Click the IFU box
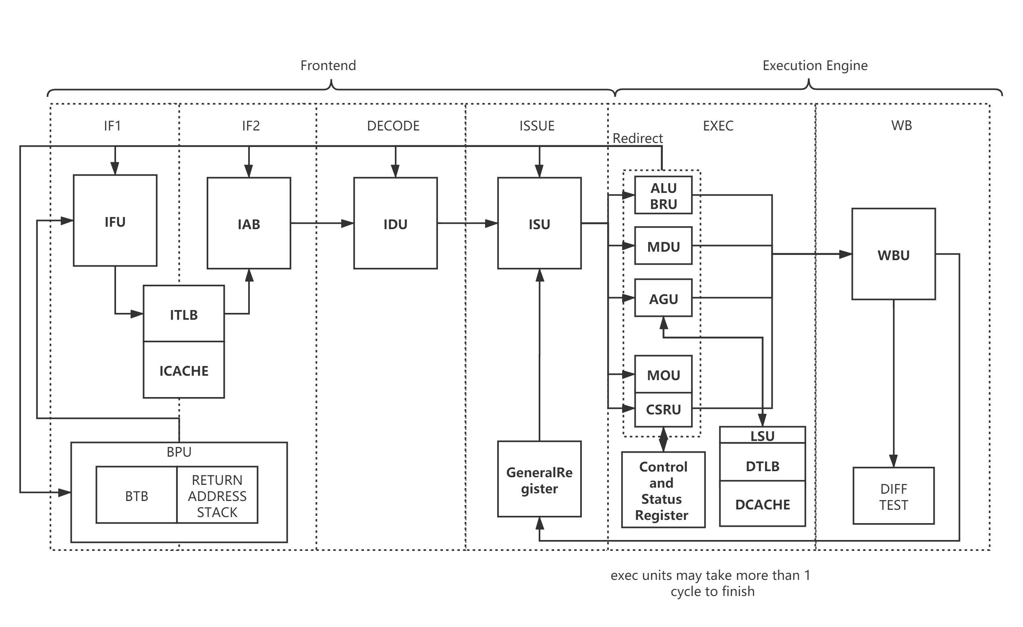[115, 220]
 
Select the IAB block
[249, 223]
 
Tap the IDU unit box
[395, 223]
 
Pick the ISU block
[540, 223]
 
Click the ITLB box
[184, 314]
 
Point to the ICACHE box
[184, 370]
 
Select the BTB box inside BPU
[137, 495]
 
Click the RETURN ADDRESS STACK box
[217, 495]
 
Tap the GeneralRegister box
[540, 479]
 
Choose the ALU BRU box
[664, 195]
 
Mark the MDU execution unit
[664, 246]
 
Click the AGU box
[664, 298]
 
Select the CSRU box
[664, 410]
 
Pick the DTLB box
[762, 466]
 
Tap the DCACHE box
[762, 504]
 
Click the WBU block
[894, 254]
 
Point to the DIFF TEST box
[894, 496]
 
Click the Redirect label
[638, 138]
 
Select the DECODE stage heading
[393, 126]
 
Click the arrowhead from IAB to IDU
[348, 223]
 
